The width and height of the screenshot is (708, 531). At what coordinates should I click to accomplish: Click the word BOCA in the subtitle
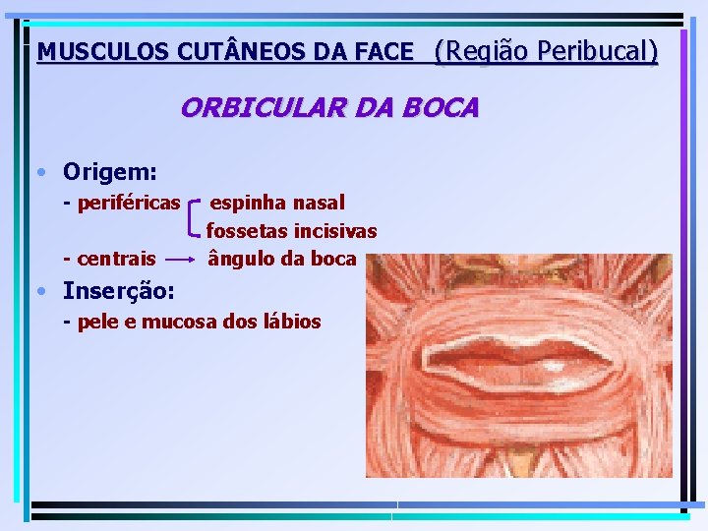tap(442, 107)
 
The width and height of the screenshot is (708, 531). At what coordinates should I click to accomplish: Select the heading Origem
tap(109, 172)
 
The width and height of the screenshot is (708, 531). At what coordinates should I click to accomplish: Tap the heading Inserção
tap(119, 291)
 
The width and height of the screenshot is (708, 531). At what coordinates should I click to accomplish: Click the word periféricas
tap(128, 204)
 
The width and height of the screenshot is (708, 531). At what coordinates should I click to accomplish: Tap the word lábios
tap(291, 322)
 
